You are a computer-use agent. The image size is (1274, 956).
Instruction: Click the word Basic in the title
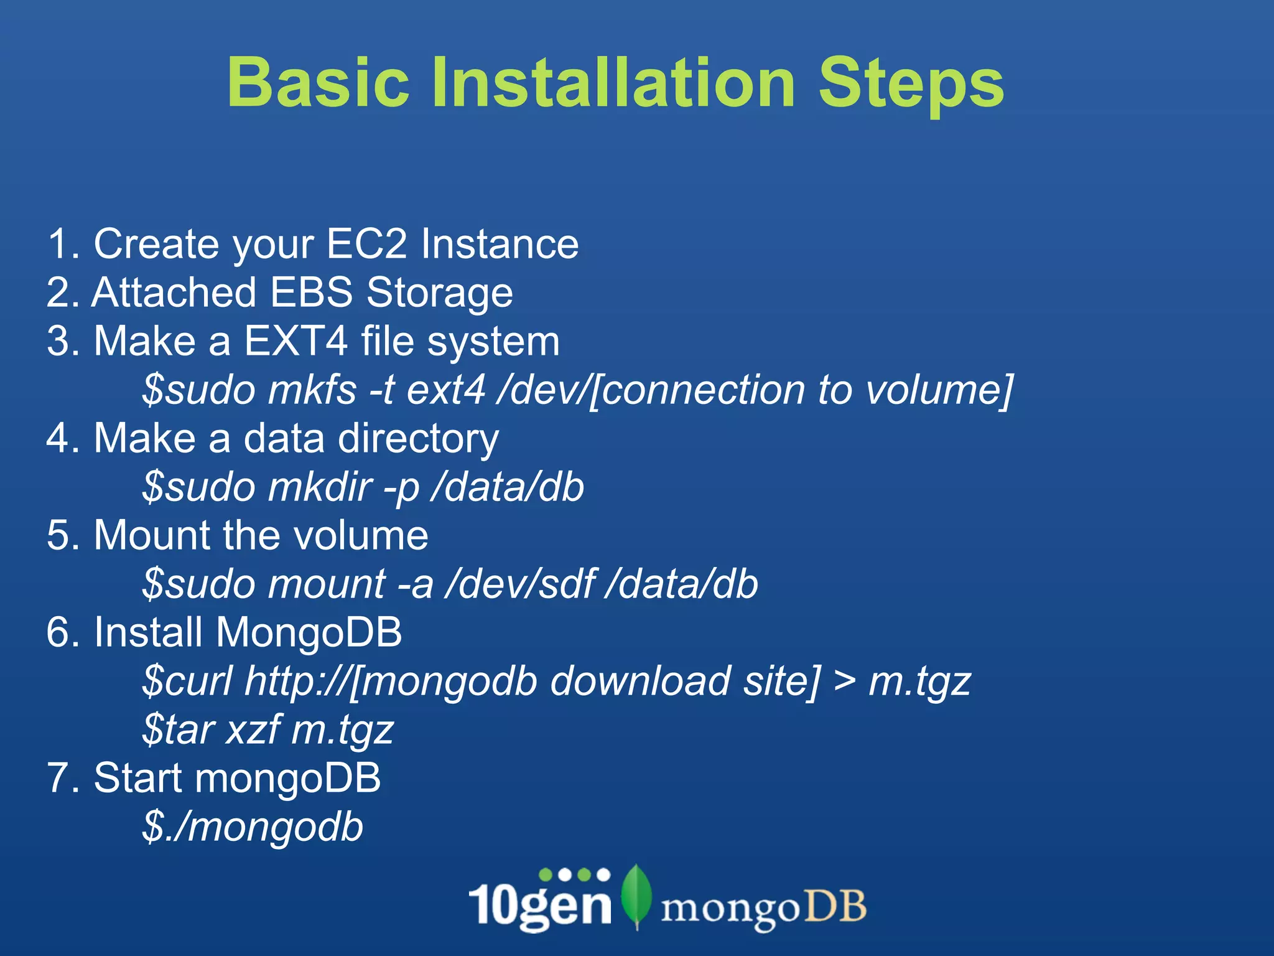click(318, 83)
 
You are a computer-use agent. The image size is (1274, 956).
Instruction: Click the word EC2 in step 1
click(366, 243)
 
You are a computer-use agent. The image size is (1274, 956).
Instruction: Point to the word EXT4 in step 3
click(295, 341)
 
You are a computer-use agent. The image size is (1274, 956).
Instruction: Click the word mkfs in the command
click(312, 390)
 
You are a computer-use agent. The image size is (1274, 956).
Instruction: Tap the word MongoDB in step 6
click(309, 632)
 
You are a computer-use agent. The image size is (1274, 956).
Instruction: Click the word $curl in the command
click(187, 681)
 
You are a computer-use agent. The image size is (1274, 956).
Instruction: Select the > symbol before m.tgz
click(844, 681)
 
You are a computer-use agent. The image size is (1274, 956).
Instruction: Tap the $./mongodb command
click(253, 827)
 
